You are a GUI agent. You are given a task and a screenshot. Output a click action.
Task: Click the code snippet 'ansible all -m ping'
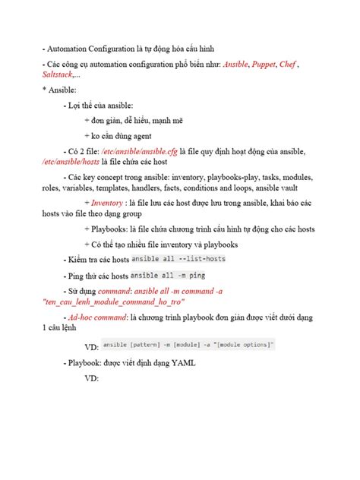click(x=168, y=274)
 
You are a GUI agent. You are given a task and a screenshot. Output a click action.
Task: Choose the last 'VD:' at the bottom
click(x=92, y=377)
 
